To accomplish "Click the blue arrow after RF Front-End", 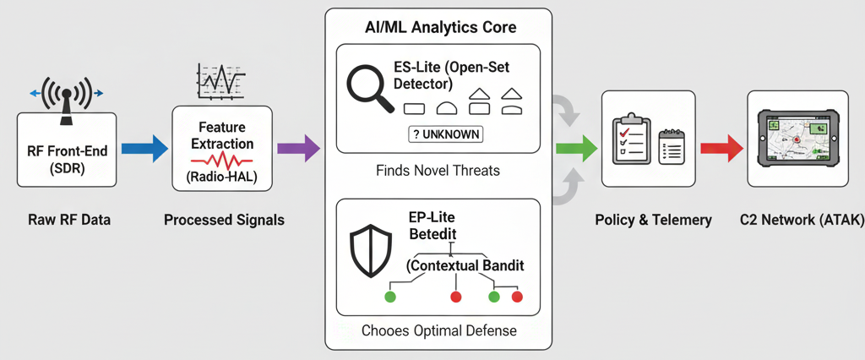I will click(145, 150).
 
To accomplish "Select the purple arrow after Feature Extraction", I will click(299, 150).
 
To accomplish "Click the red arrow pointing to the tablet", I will click(721, 150).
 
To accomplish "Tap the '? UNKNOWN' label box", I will click(445, 134).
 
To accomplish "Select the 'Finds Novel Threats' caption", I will click(438, 171).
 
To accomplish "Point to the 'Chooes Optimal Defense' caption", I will click(438, 330).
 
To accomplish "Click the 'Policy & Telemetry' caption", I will click(653, 220).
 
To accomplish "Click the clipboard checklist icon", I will click(629, 139).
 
